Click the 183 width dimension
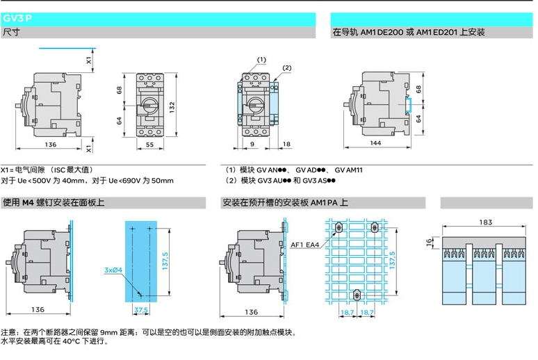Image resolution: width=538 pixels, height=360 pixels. pyautogui.click(x=485, y=222)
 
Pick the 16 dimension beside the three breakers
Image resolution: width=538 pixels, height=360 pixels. pyautogui.click(x=429, y=241)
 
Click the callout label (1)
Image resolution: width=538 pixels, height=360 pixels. pyautogui.click(x=261, y=60)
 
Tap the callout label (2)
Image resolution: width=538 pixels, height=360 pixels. pyautogui.click(x=286, y=67)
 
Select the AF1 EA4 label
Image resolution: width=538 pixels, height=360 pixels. pyautogui.click(x=305, y=245)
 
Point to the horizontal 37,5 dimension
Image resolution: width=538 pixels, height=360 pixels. pyautogui.click(x=141, y=311)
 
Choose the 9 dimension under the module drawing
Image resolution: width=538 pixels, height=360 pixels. pyautogui.click(x=252, y=144)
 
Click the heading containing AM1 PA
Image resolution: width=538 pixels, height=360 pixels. pyautogui.click(x=285, y=203)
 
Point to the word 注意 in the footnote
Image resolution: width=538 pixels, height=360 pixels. pyautogui.click(x=9, y=332)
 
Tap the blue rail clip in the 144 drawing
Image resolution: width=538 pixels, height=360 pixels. pyautogui.click(x=408, y=105)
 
